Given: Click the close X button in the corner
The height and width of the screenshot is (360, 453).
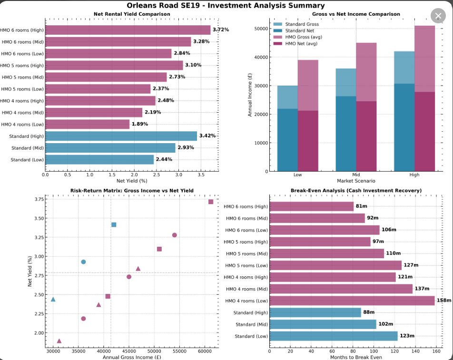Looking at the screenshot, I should coord(438,16).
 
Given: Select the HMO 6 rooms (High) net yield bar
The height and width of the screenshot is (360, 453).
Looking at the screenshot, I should coord(128,30).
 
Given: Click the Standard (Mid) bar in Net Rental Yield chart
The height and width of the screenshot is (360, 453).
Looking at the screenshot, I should coord(110,148).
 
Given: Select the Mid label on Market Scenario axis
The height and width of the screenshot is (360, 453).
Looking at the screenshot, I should coord(356,175).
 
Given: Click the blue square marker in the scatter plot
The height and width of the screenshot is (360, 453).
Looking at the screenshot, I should coord(114,224).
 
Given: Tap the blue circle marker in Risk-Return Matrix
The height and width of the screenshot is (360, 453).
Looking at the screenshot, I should coord(83,262).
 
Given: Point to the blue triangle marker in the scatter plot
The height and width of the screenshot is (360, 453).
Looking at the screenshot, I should coord(53,300).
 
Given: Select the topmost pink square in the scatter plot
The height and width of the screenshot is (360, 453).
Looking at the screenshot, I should coord(210,202).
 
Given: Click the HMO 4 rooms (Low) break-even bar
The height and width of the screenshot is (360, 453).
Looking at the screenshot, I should coord(352,301).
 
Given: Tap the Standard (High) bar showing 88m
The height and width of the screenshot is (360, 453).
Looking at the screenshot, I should coord(315,312).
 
